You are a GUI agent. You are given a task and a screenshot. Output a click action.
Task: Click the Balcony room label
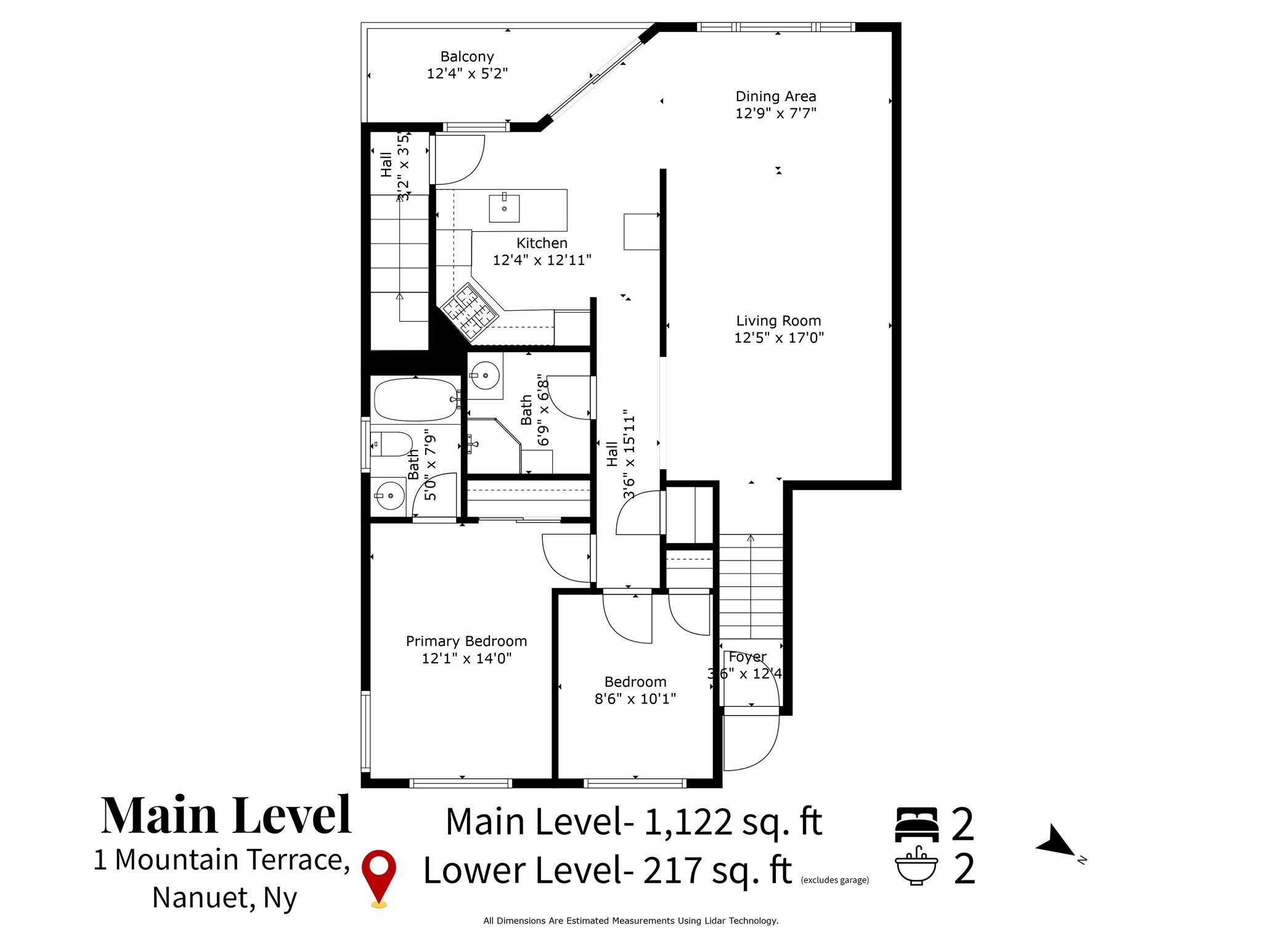click(467, 57)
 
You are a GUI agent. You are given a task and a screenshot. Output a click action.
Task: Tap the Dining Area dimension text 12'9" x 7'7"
click(776, 113)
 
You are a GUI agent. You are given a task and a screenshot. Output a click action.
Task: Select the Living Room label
click(779, 321)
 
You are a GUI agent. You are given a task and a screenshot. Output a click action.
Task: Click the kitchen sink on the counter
click(505, 208)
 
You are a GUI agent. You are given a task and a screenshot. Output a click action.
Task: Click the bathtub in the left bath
click(415, 399)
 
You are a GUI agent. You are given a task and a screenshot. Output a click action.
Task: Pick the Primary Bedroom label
click(466, 641)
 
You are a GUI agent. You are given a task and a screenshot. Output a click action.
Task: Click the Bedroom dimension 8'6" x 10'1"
click(635, 699)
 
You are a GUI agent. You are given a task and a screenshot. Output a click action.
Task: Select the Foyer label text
click(747, 657)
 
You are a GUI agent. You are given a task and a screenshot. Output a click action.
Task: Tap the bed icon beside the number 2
click(917, 824)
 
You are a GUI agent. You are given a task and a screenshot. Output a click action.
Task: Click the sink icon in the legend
click(917, 866)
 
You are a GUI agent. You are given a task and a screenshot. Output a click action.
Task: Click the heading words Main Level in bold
click(226, 815)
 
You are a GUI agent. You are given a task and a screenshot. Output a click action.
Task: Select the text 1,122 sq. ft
click(733, 822)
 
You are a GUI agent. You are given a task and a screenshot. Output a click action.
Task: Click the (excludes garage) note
click(835, 880)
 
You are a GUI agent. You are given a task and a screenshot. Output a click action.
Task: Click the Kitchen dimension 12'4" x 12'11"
click(542, 260)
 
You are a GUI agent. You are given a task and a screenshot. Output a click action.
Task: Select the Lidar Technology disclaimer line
click(631, 921)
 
